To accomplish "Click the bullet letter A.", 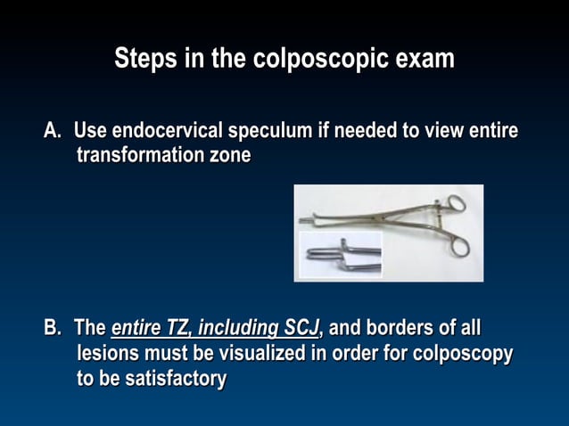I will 53,131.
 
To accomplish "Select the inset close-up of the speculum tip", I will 340,255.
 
